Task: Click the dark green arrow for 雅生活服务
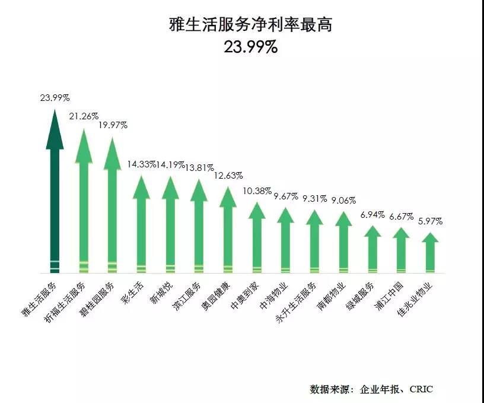tap(55, 196)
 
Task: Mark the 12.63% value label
tap(228, 176)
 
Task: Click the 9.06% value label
tap(344, 199)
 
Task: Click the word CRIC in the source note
tap(420, 389)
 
